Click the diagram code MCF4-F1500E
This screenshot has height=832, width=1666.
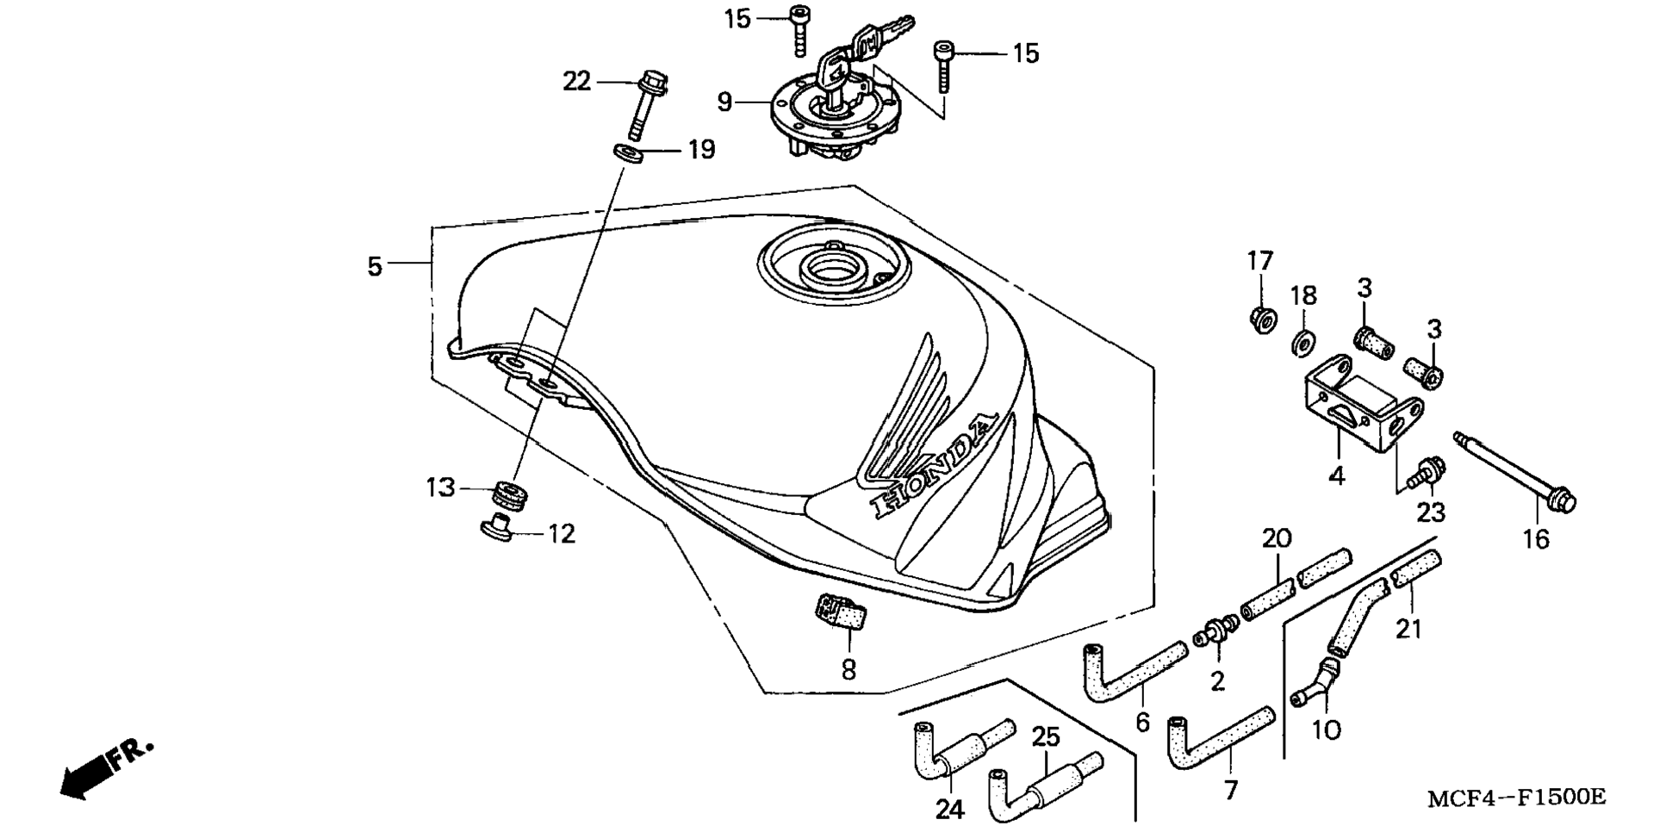1516,798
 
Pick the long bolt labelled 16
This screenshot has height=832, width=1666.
1515,473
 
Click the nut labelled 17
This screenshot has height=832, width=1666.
1262,319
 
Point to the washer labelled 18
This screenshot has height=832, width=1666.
1302,343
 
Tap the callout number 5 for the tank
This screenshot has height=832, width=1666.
374,266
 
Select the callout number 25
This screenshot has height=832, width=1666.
1046,736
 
